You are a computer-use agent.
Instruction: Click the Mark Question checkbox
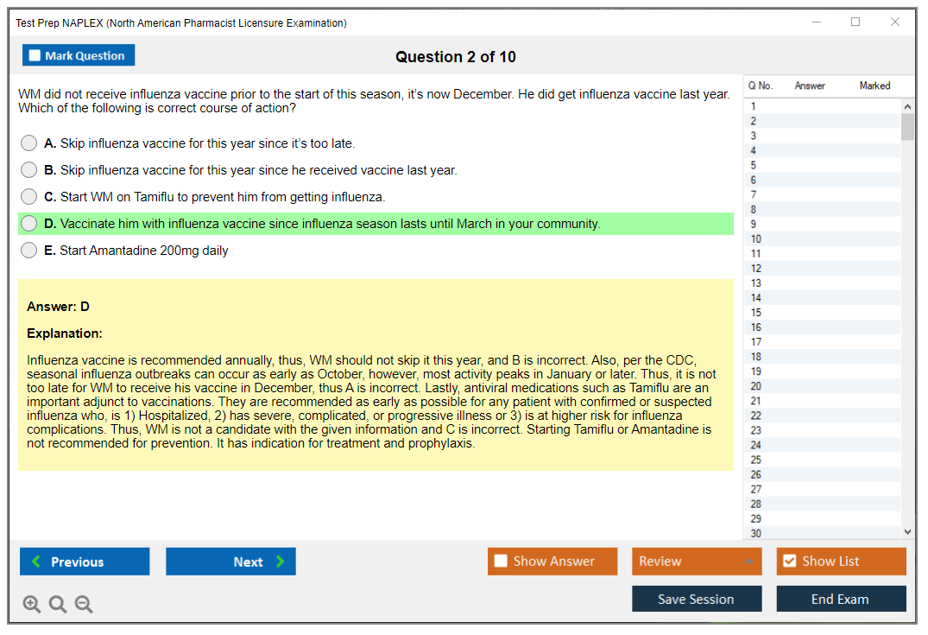coord(35,55)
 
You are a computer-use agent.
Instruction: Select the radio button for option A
coord(28,143)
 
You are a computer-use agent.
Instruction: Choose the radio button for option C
coord(28,197)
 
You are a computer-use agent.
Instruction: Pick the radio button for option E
coord(28,251)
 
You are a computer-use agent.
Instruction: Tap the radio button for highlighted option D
coord(28,224)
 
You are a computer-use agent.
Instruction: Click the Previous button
coord(85,561)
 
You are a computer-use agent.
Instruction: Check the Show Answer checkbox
coord(501,561)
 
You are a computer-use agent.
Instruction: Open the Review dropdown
coord(697,561)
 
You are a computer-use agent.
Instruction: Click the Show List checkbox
coord(790,561)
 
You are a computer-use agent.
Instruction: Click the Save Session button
coord(697,599)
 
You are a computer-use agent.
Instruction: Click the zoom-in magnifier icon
coord(31,604)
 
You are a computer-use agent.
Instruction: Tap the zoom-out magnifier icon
coord(84,604)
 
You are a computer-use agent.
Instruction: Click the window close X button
coord(895,22)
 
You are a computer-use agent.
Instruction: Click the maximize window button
coord(855,22)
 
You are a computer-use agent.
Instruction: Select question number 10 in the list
coord(755,238)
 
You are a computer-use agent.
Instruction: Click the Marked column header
coord(874,86)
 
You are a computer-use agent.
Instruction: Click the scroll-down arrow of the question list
coord(908,532)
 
